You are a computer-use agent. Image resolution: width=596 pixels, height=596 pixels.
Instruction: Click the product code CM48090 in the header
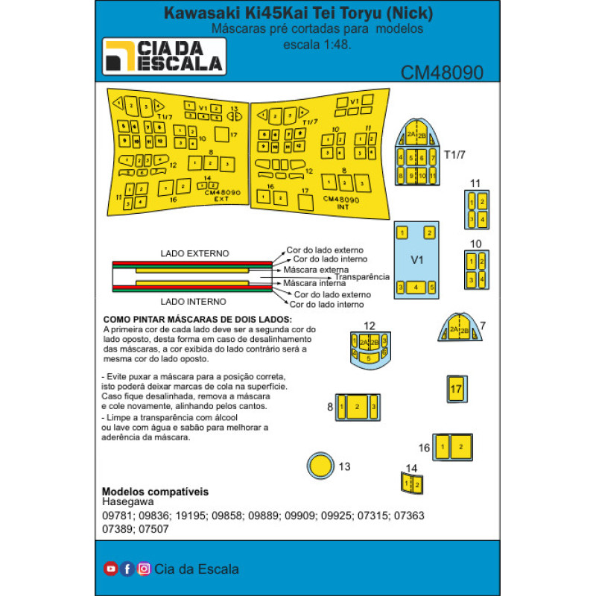click(442, 72)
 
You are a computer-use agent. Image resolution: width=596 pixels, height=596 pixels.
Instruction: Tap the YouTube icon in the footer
click(110, 568)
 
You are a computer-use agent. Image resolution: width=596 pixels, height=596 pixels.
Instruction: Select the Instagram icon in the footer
click(144, 568)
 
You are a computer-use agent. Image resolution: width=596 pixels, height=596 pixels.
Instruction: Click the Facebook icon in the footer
click(127, 568)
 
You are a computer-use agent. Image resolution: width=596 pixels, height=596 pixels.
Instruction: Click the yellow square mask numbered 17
click(457, 389)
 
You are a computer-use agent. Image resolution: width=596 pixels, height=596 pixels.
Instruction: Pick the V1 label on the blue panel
click(417, 261)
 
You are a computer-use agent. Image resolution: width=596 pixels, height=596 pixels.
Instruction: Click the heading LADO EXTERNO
click(194, 253)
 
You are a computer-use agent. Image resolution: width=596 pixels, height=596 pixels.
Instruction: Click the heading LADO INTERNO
click(194, 301)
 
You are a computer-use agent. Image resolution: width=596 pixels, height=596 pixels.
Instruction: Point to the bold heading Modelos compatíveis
click(154, 492)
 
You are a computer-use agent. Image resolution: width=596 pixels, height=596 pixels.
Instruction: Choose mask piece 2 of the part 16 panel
click(461, 446)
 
